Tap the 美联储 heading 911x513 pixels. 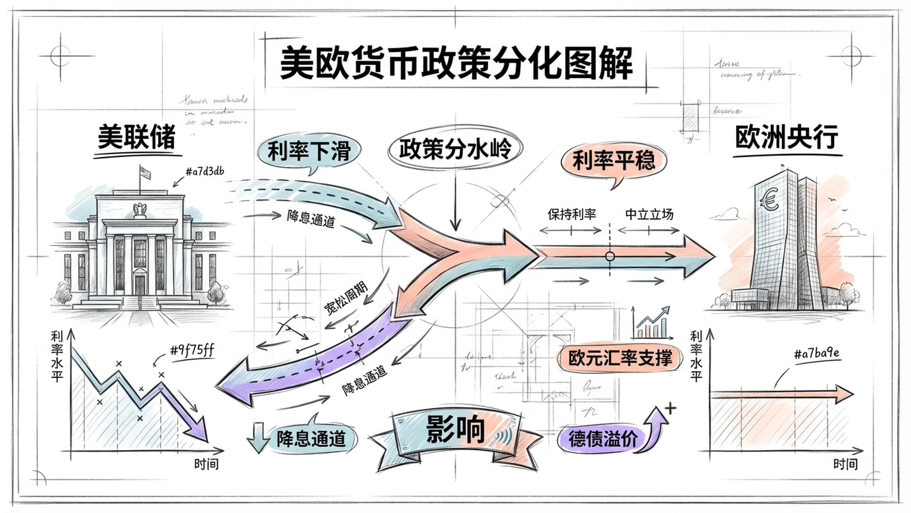coord(137,137)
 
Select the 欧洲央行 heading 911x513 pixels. coord(787,138)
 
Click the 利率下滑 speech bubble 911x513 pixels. coord(308,152)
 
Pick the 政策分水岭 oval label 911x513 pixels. coord(455,149)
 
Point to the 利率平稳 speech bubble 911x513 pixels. coord(613,161)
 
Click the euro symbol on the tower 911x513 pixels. coord(769,199)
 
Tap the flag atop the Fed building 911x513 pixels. coord(145,172)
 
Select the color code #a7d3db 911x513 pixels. coord(205,171)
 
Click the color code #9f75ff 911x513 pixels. coord(192,351)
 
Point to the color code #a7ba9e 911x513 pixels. coord(816,353)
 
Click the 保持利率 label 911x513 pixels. coord(571,214)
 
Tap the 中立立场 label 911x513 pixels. coord(649,214)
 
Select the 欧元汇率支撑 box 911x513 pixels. coord(620,358)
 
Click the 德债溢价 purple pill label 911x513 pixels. coord(603,438)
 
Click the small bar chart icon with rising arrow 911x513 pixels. coord(652,323)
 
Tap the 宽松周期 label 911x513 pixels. coord(345,298)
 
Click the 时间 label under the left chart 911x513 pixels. coord(206,464)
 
